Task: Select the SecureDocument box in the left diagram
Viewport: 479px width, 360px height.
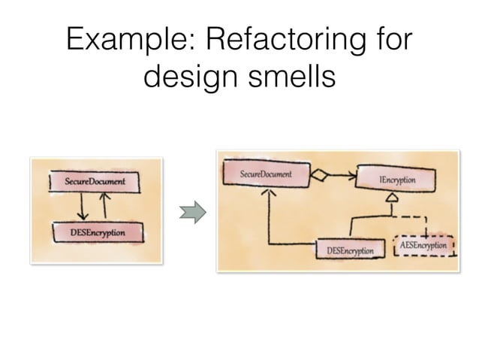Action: click(95, 182)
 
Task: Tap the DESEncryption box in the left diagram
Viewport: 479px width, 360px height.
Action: click(98, 233)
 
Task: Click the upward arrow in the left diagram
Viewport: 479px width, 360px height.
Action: click(105, 204)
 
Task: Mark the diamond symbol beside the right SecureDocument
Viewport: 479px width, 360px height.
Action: click(322, 177)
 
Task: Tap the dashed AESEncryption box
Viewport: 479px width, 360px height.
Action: click(423, 246)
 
